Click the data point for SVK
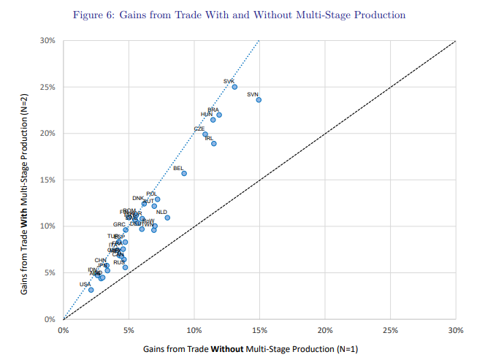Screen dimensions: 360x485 click(234, 87)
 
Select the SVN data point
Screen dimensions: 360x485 click(259, 99)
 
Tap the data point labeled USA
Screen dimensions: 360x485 click(91, 290)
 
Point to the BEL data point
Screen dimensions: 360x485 click(184, 174)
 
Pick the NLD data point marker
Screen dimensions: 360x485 click(167, 218)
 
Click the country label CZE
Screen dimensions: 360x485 click(199, 129)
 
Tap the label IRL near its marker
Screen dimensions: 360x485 click(210, 137)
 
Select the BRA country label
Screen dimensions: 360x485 click(213, 110)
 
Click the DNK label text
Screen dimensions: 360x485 click(138, 198)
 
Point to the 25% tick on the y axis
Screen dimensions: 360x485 click(50, 87)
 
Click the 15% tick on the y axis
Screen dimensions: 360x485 click(50, 180)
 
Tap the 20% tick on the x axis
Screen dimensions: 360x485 click(325, 329)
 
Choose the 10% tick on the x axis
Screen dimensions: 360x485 click(194, 329)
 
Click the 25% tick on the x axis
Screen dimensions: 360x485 click(390, 329)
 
